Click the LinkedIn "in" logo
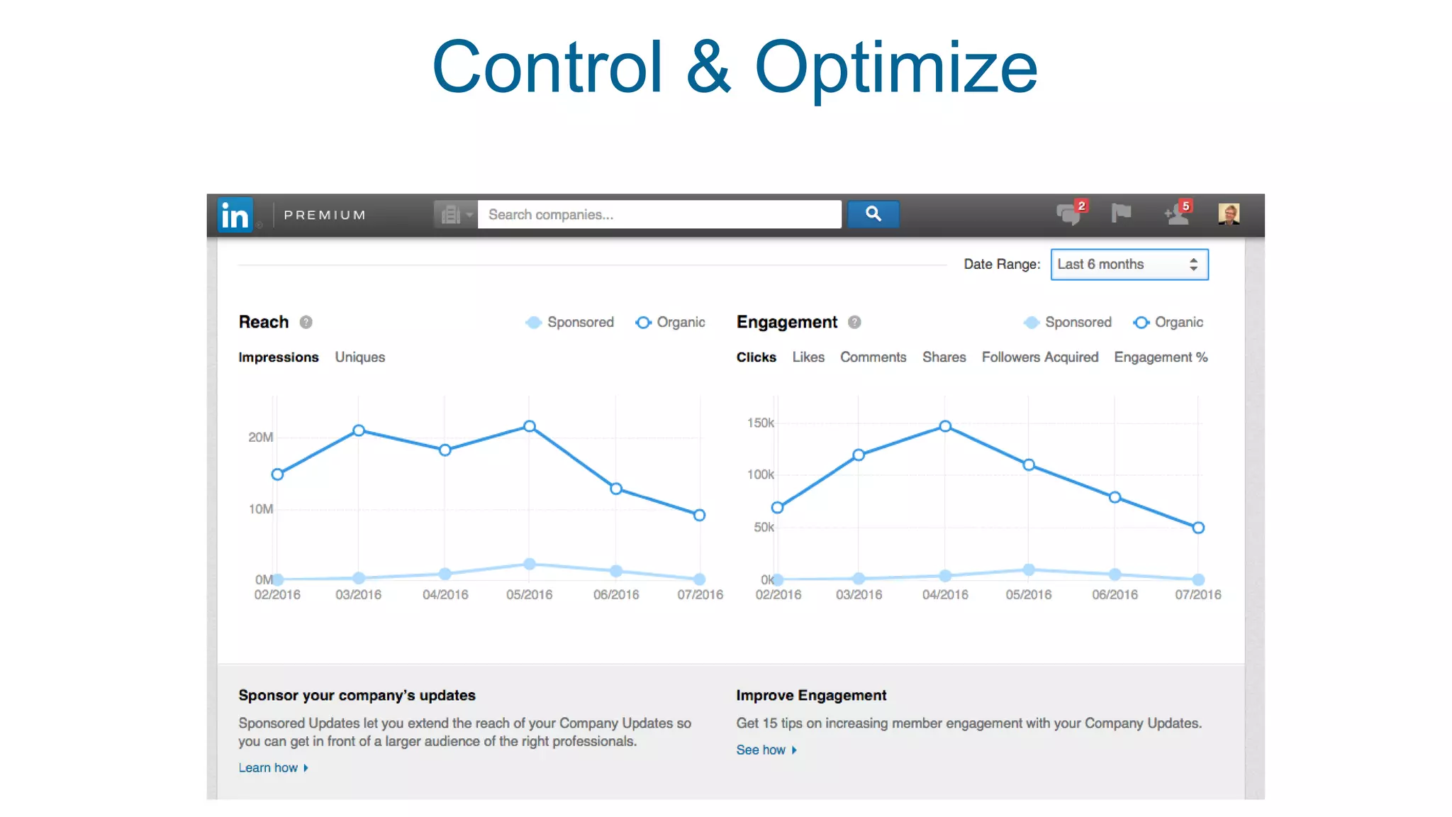point(235,215)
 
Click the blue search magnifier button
point(873,214)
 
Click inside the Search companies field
point(659,214)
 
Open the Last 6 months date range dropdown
point(1129,265)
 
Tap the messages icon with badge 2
point(1069,213)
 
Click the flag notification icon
point(1121,213)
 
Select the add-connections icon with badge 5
point(1177,213)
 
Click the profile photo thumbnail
point(1228,213)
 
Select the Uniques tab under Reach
point(359,357)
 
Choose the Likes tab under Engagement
point(808,357)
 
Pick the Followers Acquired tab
point(1039,357)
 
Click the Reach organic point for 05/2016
point(530,426)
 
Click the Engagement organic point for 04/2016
point(945,426)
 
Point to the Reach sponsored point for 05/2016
point(530,565)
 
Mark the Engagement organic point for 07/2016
point(1198,528)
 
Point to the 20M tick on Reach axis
point(260,438)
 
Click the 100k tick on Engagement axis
point(760,474)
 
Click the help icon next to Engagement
point(854,323)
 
